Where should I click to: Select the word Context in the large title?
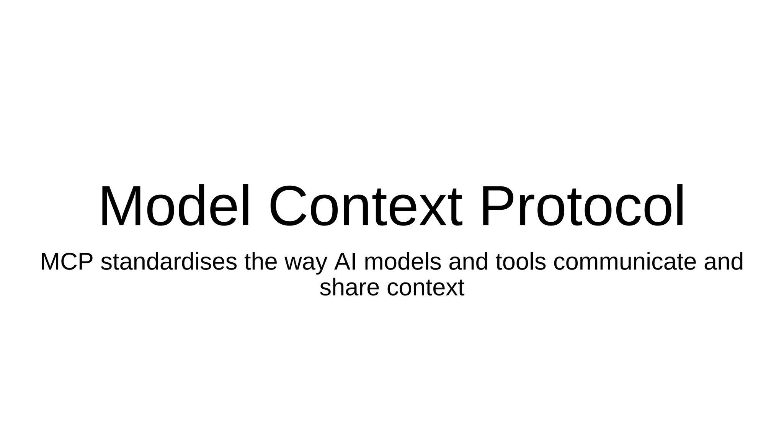[x=366, y=207]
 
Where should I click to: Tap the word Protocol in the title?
[x=582, y=207]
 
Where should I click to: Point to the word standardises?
[x=169, y=262]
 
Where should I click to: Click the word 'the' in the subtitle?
[x=261, y=262]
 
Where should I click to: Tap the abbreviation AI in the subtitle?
[x=345, y=262]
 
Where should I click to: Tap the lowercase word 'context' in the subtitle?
[x=425, y=287]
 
